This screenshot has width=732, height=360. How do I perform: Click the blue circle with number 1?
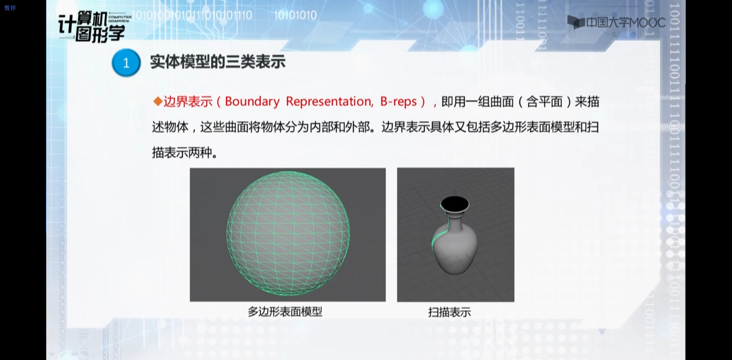(x=126, y=63)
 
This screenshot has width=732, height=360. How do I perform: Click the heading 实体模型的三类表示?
(x=218, y=62)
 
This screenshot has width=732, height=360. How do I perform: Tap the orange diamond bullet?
(x=158, y=101)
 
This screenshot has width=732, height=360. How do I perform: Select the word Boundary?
(x=252, y=101)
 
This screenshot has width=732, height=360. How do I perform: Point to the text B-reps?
(x=399, y=101)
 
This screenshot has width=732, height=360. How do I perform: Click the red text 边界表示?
(x=188, y=101)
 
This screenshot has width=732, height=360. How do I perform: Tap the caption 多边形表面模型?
(x=285, y=312)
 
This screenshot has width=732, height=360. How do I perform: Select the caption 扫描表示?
(x=449, y=312)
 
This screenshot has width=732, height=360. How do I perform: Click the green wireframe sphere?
(x=288, y=233)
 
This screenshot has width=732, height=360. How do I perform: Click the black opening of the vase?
(x=455, y=204)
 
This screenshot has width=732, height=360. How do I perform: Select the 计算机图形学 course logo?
(x=92, y=26)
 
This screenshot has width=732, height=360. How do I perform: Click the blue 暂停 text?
(x=10, y=8)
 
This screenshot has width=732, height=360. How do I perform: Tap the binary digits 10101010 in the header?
(x=295, y=15)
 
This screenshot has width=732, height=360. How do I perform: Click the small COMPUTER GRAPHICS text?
(x=120, y=19)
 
